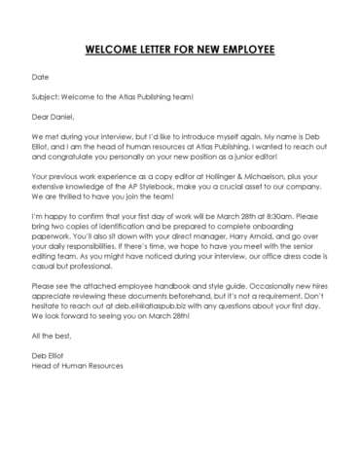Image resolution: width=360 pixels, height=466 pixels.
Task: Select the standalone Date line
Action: click(40, 75)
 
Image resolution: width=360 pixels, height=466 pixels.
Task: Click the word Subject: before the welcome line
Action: click(49, 96)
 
